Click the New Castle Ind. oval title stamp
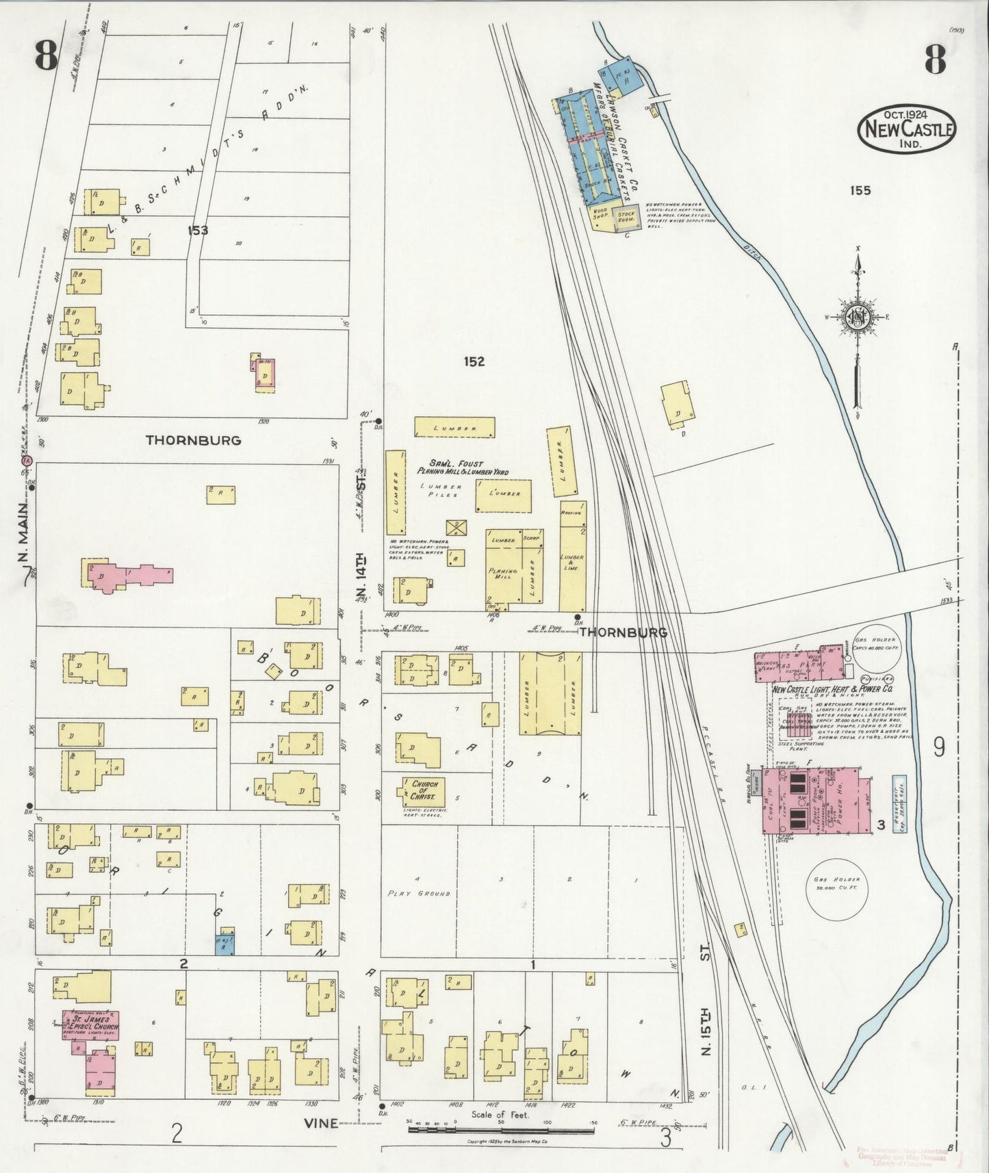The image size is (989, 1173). tap(906, 129)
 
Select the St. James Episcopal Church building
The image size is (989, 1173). tap(91, 1025)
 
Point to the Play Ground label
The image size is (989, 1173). tap(410, 893)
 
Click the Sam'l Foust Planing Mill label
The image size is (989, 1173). tap(463, 467)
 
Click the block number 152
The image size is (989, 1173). tap(474, 361)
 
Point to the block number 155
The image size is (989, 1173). tap(860, 190)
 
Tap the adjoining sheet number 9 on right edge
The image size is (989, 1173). tap(939, 747)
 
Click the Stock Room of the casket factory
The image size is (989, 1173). tap(626, 217)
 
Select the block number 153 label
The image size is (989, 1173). tap(199, 231)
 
